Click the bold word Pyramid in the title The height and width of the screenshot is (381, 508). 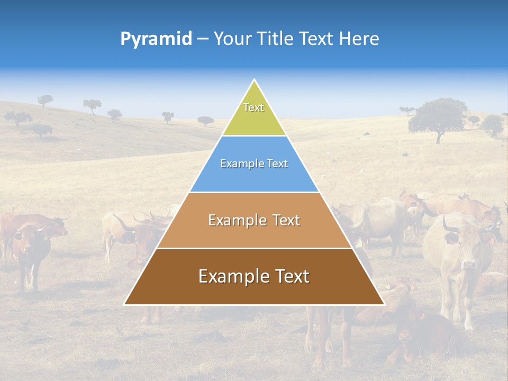click(x=156, y=39)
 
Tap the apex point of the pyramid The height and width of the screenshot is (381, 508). click(x=255, y=80)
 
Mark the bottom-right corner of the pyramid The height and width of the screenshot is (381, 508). click(x=384, y=304)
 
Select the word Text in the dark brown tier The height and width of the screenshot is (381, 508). click(x=288, y=276)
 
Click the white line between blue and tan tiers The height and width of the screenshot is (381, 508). click(x=254, y=192)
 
